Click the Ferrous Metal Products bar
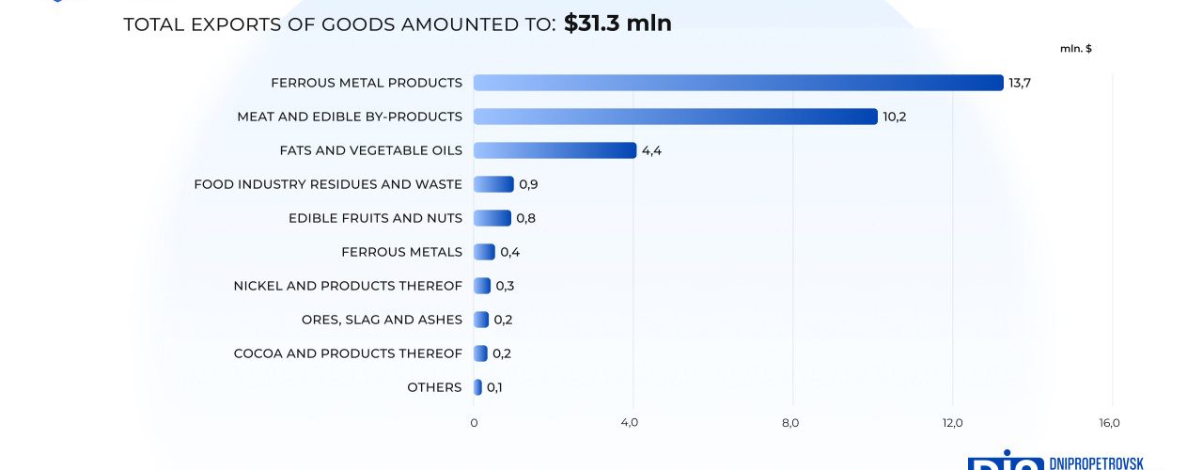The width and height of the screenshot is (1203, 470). click(x=738, y=83)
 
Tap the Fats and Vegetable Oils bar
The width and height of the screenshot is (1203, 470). click(x=555, y=150)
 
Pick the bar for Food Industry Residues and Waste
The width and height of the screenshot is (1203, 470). click(x=493, y=184)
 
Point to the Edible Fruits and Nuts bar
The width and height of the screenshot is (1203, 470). click(x=492, y=218)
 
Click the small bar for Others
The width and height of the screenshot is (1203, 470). click(x=477, y=387)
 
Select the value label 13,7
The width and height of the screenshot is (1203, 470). click(x=1020, y=83)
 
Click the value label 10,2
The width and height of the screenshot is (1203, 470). click(x=894, y=117)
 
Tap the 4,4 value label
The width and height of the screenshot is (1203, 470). click(x=652, y=150)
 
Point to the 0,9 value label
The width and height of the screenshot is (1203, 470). click(x=528, y=184)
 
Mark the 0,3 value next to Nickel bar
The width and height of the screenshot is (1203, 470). click(x=505, y=286)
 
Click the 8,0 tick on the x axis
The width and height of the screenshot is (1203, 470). click(x=790, y=423)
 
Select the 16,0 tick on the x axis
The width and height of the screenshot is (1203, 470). click(x=1109, y=423)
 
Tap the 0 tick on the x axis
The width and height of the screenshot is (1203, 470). click(x=474, y=423)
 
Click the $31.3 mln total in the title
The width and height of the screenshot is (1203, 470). click(x=617, y=23)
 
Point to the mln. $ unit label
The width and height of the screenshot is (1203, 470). click(x=1075, y=48)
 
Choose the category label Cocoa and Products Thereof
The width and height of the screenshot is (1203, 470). click(x=348, y=353)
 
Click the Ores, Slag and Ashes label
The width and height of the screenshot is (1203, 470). click(x=382, y=320)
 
